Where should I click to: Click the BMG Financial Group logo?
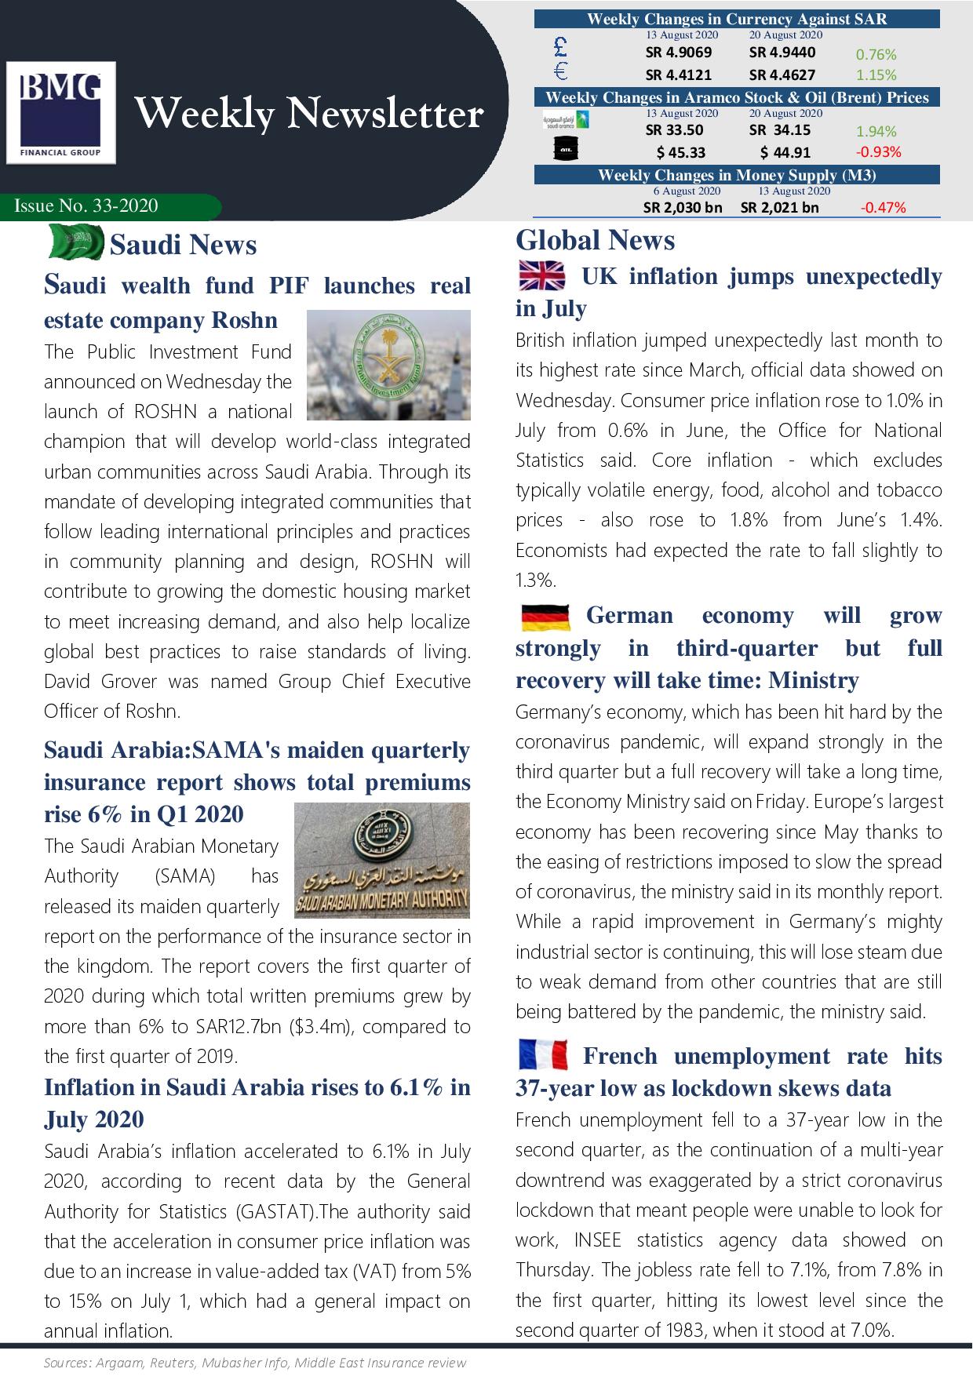[x=61, y=113]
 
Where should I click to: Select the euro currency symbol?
[x=560, y=72]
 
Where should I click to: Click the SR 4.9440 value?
[x=782, y=53]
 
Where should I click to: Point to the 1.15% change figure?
[x=876, y=75]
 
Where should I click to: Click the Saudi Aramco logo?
[x=567, y=121]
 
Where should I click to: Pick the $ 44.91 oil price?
[x=785, y=152]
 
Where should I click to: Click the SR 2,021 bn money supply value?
[x=779, y=208]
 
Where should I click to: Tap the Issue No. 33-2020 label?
[x=86, y=206]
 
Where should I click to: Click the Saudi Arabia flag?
[x=76, y=242]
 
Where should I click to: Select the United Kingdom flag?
[x=541, y=276]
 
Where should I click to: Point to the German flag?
[x=545, y=617]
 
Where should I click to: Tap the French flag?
[x=543, y=1055]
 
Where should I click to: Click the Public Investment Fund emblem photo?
[x=388, y=366]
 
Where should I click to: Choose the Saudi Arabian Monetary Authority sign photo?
[x=381, y=860]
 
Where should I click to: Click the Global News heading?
[x=595, y=240]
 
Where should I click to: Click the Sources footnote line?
[x=255, y=1363]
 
